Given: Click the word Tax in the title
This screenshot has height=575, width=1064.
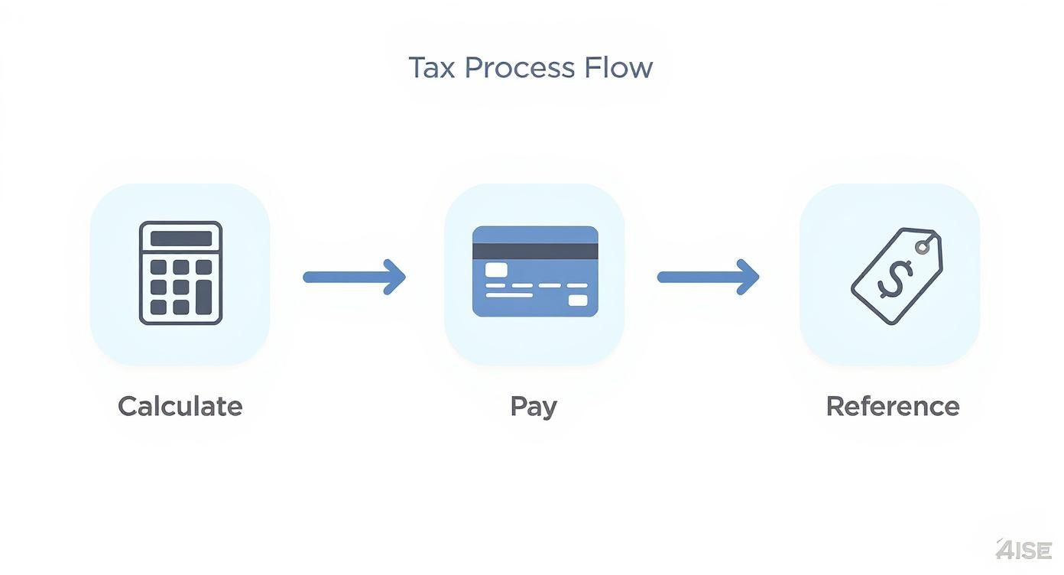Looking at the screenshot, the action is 432,68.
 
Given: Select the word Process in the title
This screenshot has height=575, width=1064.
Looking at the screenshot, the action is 520,68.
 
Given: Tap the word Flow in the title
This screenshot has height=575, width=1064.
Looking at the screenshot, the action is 618,68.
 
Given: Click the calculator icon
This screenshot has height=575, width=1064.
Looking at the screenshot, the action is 180,273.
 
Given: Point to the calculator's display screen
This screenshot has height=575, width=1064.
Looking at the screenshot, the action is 180,239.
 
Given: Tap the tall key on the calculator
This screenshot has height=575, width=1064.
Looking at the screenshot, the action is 203,297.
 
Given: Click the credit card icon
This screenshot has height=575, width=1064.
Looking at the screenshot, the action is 535,271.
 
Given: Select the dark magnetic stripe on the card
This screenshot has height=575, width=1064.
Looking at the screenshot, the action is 535,252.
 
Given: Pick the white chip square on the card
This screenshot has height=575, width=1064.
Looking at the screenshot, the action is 496,269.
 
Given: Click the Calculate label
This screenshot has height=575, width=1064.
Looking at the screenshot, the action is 180,406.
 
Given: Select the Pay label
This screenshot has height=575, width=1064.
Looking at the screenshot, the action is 534,407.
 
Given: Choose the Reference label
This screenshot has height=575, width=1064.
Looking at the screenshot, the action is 893,406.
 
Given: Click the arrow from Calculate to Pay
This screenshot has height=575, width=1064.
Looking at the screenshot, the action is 354,277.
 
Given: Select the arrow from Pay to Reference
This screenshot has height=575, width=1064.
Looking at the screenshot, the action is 708,277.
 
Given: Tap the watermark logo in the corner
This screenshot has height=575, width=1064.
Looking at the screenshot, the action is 1024,549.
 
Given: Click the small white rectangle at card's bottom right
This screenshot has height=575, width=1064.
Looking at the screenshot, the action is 579,300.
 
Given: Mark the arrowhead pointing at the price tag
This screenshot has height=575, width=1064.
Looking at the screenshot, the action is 748,277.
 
